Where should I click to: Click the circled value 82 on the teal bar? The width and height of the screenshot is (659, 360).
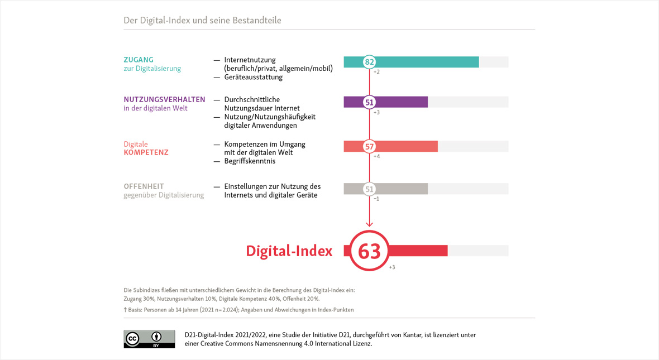tap(369, 62)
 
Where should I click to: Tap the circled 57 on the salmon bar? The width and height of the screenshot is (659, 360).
tap(369, 147)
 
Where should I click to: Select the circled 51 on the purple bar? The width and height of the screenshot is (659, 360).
tap(369, 102)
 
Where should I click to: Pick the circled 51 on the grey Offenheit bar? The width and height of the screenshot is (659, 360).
tap(369, 189)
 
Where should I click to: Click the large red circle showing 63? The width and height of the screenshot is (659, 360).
tap(369, 251)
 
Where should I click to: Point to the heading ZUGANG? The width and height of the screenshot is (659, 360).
tap(139, 60)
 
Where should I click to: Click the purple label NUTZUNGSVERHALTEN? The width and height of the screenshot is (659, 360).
tap(164, 99)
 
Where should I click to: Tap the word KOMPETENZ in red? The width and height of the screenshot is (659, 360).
tap(146, 152)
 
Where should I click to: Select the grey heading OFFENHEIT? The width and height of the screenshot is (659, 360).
tap(144, 186)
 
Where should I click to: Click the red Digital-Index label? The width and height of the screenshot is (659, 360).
tap(289, 251)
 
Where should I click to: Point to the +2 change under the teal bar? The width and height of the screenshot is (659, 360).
tap(376, 72)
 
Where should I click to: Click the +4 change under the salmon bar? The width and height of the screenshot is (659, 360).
tap(376, 156)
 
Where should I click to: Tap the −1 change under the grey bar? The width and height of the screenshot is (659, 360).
tap(376, 199)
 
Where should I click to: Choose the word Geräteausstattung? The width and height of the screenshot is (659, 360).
tap(253, 77)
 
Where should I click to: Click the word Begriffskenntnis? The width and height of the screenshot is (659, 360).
tap(250, 161)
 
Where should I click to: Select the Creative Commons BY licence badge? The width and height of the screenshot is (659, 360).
tap(149, 339)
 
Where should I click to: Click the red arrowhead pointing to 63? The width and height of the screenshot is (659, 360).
tap(369, 224)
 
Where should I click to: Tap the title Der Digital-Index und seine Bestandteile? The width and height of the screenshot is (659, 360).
tap(202, 21)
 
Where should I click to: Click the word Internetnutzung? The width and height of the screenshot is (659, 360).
tap(250, 60)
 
